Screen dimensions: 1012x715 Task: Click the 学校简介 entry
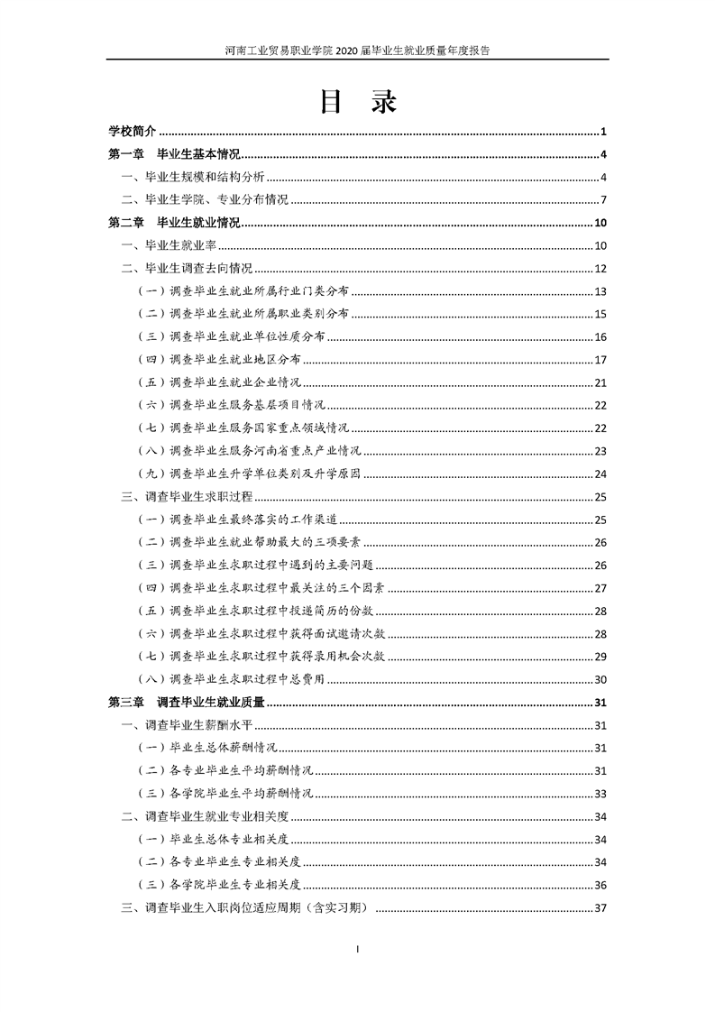point(133,132)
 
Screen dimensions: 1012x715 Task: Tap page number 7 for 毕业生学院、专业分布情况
point(603,200)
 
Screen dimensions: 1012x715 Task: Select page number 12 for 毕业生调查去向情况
point(600,269)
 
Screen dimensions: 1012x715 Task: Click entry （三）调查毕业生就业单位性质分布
point(231,336)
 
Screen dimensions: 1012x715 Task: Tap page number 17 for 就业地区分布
point(600,360)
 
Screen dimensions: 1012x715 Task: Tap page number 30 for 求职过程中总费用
point(600,679)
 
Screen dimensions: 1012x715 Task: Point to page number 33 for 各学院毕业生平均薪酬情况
point(600,794)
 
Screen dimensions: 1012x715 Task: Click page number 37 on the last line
point(600,908)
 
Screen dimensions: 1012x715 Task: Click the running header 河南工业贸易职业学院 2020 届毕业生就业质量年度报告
point(358,51)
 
